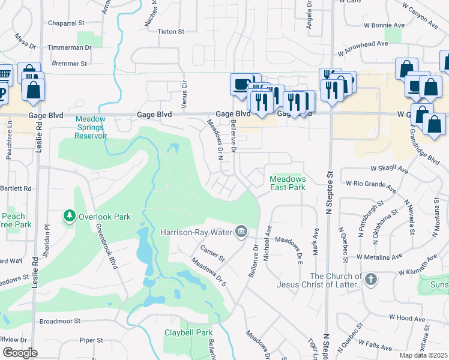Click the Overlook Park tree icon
pos(70,215)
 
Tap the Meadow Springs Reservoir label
pos(91,127)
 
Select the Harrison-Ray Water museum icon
pos(241,231)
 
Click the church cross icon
pos(371,279)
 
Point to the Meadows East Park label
pos(288,183)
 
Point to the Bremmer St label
pos(69,62)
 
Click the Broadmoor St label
pos(59,322)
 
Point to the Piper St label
pos(91,340)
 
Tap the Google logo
pos(20,353)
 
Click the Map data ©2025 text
pos(424,355)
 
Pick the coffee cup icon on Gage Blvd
pos(241,84)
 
